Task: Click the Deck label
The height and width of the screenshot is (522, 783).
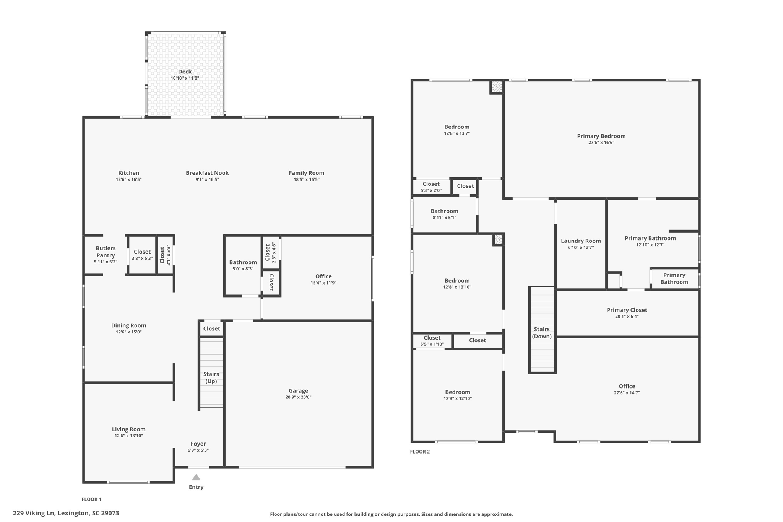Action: point(185,72)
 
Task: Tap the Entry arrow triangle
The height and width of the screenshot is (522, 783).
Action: point(196,477)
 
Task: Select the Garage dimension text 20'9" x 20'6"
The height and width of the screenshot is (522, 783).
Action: point(298,397)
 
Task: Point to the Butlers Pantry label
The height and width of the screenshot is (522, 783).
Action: point(106,252)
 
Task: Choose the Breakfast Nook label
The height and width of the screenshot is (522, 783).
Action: point(207,173)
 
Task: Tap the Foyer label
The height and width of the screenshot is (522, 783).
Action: point(198,444)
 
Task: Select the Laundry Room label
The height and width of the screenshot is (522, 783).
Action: point(581,241)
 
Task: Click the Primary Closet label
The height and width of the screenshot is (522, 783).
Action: point(627,310)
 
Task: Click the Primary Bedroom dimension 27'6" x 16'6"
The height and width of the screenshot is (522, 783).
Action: point(601,143)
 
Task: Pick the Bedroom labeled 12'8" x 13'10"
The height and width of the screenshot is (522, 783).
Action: point(457,281)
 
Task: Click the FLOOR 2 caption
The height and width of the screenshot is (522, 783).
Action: point(420,452)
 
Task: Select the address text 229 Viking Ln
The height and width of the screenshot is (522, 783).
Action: point(66,513)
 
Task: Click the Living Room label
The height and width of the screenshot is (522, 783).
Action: point(128,429)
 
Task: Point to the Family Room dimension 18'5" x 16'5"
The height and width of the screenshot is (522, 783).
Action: point(306,179)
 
